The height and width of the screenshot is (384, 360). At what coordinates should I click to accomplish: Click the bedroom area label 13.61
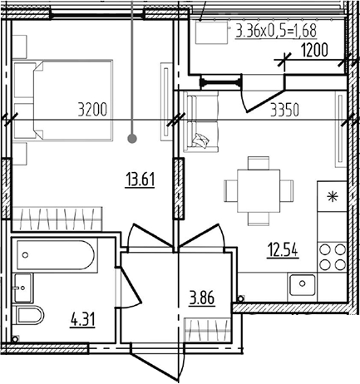140,180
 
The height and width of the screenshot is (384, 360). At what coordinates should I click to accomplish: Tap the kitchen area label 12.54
283,249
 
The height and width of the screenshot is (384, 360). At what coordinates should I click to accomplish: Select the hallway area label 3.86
202,298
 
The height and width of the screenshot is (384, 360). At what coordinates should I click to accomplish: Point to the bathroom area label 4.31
83,320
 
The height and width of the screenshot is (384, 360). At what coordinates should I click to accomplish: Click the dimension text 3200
92,110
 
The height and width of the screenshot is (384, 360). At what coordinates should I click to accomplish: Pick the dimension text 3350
284,110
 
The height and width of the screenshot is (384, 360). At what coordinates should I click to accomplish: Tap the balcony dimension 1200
314,50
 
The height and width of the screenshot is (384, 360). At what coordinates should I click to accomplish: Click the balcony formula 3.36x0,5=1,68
276,31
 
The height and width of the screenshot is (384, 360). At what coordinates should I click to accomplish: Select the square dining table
259,190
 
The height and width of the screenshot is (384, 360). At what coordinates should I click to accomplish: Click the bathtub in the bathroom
56,255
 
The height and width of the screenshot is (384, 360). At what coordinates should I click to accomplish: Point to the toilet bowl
30,315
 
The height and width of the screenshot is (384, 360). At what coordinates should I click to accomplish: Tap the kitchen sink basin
302,284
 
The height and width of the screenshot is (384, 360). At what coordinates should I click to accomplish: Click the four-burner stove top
333,257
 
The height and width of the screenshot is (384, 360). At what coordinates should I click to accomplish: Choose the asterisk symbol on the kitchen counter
333,197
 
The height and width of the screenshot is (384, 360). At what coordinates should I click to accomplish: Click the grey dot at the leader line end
132,138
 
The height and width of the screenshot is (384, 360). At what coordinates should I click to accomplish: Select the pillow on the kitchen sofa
201,140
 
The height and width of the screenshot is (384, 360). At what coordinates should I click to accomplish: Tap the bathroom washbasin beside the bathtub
23,288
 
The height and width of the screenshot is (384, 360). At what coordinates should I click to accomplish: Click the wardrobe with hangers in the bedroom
57,219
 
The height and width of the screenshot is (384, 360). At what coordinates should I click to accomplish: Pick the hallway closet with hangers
208,330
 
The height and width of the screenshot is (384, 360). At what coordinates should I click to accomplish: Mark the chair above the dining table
259,163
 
